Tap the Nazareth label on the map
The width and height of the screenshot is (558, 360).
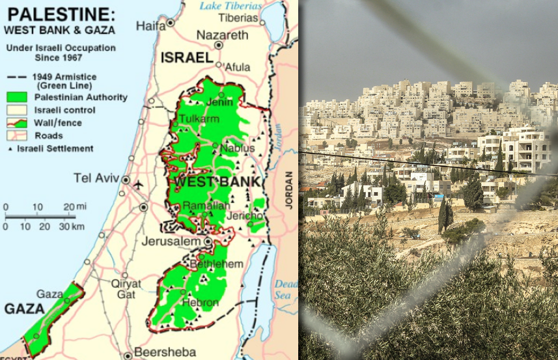(x=222, y=35)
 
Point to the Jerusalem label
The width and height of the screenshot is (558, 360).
(x=171, y=242)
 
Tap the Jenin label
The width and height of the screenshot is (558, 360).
(x=219, y=102)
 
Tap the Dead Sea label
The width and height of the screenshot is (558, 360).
(x=285, y=289)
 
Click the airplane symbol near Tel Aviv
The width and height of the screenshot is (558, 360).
(x=138, y=184)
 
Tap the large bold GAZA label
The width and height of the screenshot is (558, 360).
(x=24, y=309)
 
